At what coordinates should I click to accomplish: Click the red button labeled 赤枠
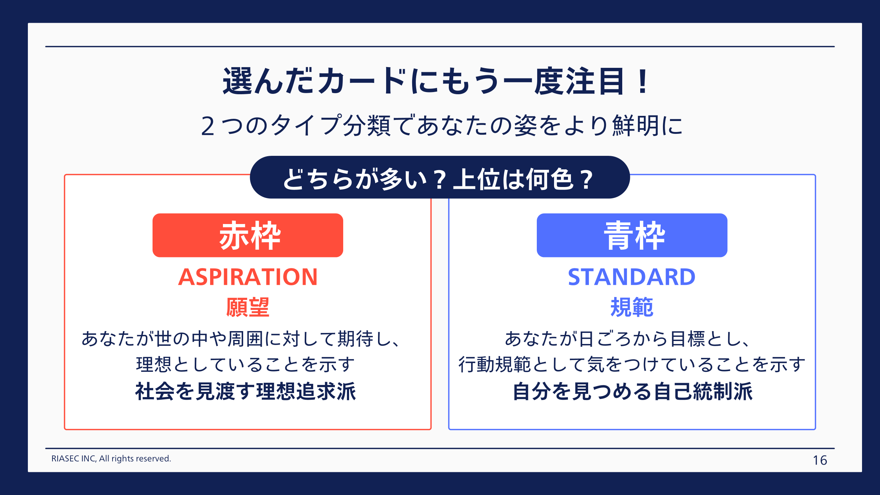pyautogui.click(x=248, y=235)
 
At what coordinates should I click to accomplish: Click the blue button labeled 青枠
pyautogui.click(x=632, y=235)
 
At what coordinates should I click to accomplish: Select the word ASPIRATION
pyautogui.click(x=248, y=277)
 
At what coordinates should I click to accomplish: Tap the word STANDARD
pyautogui.click(x=632, y=277)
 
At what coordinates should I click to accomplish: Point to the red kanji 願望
pyautogui.click(x=248, y=307)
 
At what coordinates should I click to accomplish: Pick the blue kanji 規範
pyautogui.click(x=632, y=307)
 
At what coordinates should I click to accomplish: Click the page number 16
pyautogui.click(x=820, y=460)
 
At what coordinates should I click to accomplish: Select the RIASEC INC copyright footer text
pyautogui.click(x=111, y=459)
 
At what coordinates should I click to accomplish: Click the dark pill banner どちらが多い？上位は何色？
pyautogui.click(x=440, y=177)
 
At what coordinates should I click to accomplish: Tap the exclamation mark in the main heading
pyautogui.click(x=643, y=81)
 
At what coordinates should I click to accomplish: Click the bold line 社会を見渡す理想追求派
pyautogui.click(x=246, y=392)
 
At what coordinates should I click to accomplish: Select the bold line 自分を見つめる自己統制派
pyautogui.click(x=632, y=392)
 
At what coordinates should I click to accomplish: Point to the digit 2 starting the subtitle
pyautogui.click(x=208, y=126)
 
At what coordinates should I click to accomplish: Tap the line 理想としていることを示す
pyautogui.click(x=246, y=364)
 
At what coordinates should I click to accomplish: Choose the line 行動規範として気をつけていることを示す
pyautogui.click(x=632, y=364)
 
